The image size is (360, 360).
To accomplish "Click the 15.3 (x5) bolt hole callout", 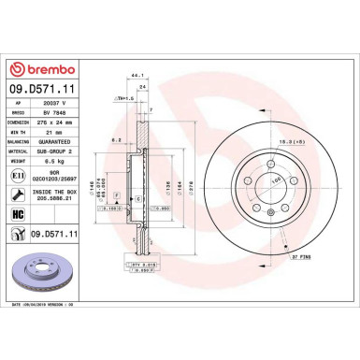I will click(274, 141).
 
